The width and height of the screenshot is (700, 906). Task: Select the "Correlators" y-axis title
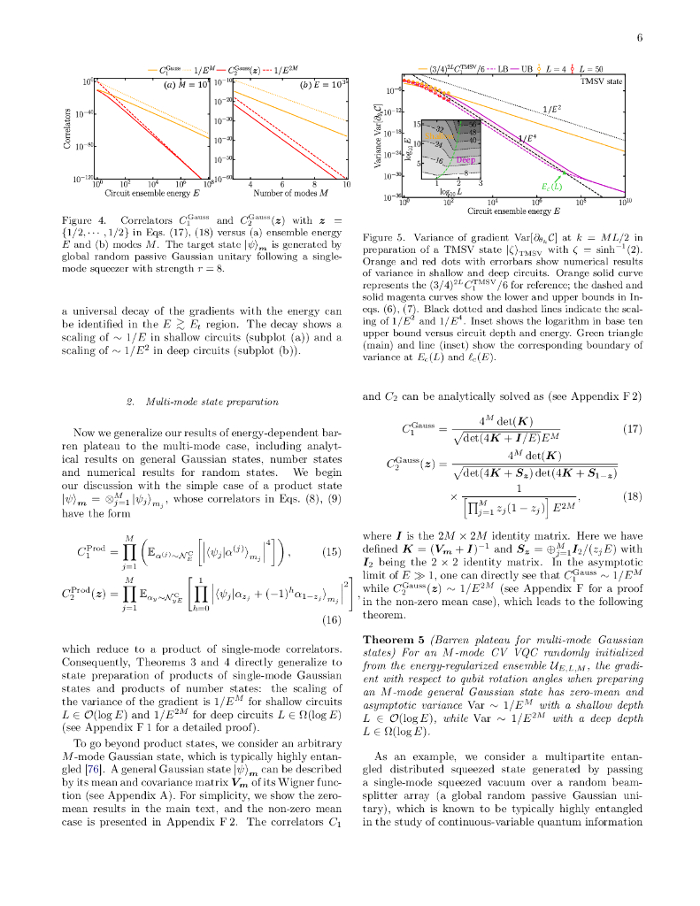point(68,128)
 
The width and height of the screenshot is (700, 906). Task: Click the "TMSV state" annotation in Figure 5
point(601,81)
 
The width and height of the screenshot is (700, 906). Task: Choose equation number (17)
point(631,429)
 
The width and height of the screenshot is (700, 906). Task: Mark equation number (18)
point(631,498)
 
